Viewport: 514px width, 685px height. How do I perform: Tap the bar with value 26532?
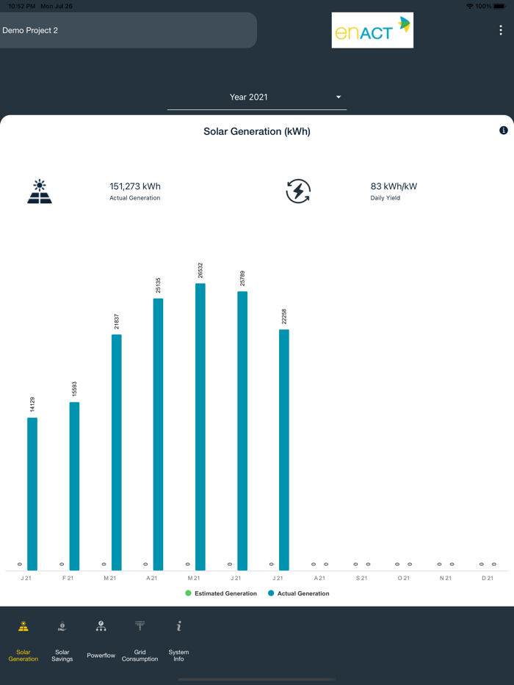pyautogui.click(x=200, y=426)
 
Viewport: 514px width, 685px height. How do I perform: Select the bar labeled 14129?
pyautogui.click(x=32, y=494)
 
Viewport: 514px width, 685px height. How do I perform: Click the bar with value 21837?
pyautogui.click(x=117, y=452)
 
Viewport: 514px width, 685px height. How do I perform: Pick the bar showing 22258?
pyautogui.click(x=284, y=450)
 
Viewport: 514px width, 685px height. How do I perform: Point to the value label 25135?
pyautogui.click(x=159, y=285)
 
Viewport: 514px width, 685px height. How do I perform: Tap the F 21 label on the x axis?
pyautogui.click(x=68, y=578)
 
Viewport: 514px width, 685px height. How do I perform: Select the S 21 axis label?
pyautogui.click(x=362, y=578)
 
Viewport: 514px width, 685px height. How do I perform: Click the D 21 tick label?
pyautogui.click(x=488, y=578)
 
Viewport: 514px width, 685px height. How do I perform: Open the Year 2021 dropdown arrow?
pyautogui.click(x=339, y=97)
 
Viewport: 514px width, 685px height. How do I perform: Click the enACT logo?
pyautogui.click(x=372, y=30)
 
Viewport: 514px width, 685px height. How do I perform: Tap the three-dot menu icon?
pyautogui.click(x=501, y=30)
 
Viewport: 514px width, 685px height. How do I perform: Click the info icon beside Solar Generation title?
pyautogui.click(x=504, y=131)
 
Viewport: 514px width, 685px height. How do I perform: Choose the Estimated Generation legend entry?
pyautogui.click(x=221, y=593)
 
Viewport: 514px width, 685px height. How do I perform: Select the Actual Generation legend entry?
pyautogui.click(x=299, y=593)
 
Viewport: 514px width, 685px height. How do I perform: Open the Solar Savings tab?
pyautogui.click(x=62, y=641)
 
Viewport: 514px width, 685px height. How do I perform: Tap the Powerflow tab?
pyautogui.click(x=101, y=641)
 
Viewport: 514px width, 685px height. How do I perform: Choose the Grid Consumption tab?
pyautogui.click(x=140, y=641)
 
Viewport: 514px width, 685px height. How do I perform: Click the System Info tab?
pyautogui.click(x=178, y=641)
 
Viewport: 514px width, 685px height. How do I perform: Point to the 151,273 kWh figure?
pyautogui.click(x=135, y=186)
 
